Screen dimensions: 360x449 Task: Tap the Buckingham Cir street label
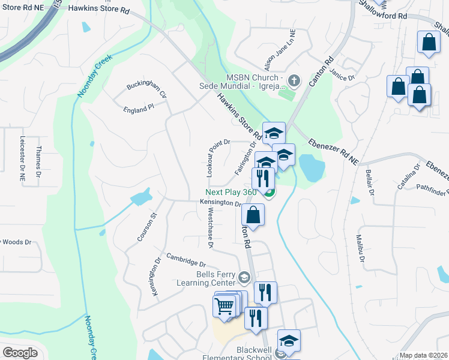[146, 91]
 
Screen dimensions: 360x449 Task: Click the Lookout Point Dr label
[211, 158]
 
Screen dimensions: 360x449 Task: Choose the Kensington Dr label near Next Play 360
[220, 203]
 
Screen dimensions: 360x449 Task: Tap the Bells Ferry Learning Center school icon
[244, 278]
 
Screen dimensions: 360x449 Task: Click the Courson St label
[146, 227]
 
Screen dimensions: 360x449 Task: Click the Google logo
[20, 352]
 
